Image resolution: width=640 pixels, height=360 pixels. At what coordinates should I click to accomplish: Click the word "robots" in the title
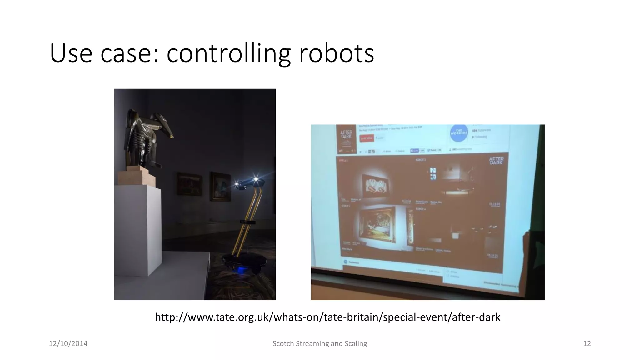[336, 53]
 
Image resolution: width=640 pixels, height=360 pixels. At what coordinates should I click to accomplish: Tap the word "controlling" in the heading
[229, 53]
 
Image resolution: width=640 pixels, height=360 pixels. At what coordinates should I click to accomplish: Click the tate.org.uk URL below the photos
[327, 317]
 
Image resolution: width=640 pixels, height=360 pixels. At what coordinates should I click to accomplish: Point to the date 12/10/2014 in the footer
[68, 344]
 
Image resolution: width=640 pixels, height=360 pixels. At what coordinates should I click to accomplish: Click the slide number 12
[587, 344]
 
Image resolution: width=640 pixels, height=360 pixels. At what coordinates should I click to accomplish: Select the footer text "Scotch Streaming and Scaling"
[320, 344]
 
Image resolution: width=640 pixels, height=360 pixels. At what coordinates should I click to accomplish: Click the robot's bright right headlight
[256, 179]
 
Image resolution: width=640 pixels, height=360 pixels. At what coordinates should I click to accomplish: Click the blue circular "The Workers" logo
[459, 132]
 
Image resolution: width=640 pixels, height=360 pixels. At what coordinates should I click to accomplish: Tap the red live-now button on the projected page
[367, 138]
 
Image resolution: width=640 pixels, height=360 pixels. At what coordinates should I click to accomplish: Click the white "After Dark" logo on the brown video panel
[496, 161]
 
